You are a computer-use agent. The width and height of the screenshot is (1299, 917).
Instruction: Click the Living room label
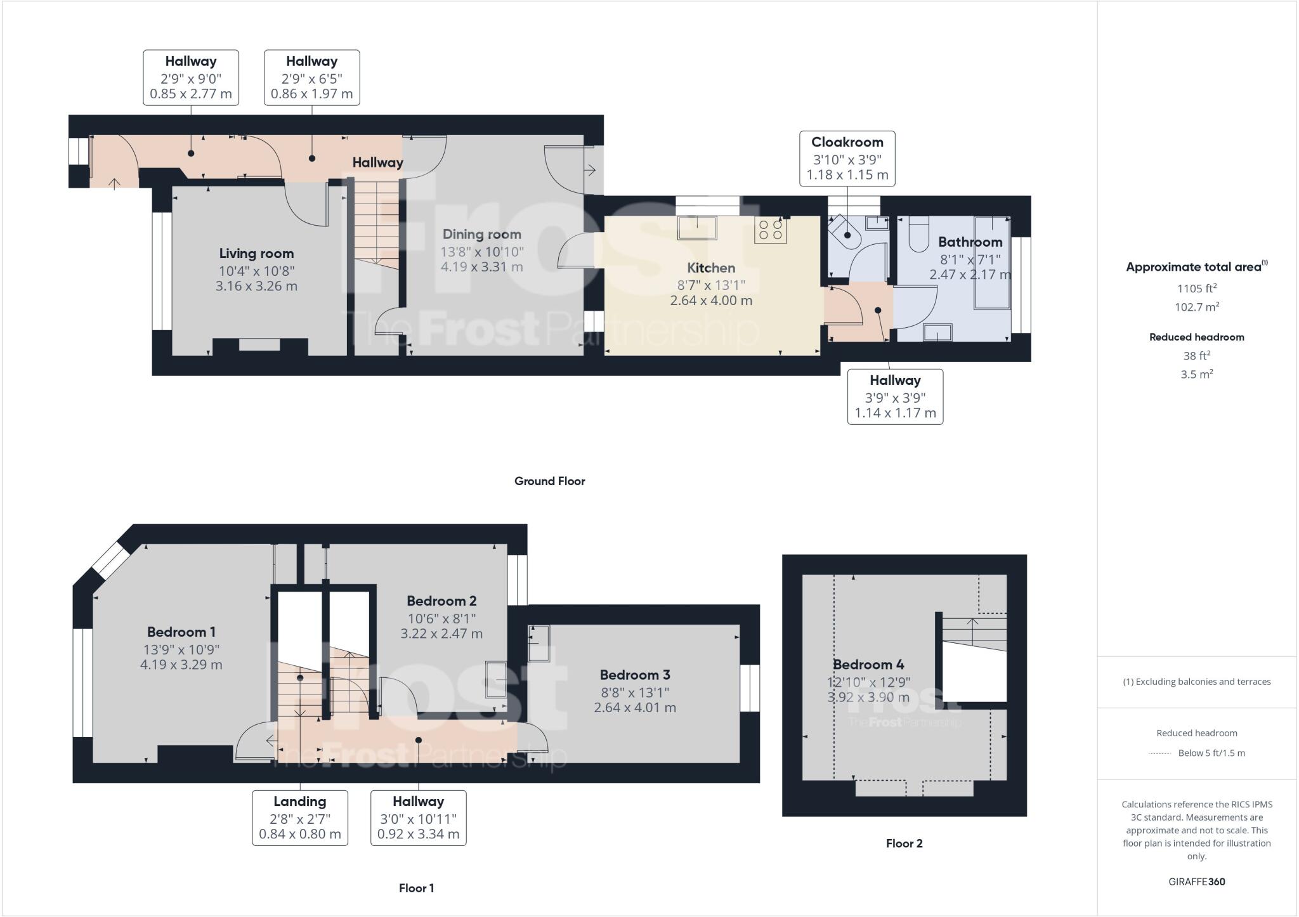(256, 254)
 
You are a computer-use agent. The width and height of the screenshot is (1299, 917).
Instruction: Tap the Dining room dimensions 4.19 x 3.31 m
(481, 267)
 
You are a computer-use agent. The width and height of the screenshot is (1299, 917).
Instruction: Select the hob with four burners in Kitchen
(770, 230)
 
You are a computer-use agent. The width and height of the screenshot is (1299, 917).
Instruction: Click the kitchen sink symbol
(697, 228)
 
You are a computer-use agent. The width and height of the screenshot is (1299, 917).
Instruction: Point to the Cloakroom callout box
(847, 159)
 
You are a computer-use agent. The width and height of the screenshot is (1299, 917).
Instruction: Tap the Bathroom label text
(970, 242)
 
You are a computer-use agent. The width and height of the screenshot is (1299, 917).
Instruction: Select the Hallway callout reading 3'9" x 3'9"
(895, 397)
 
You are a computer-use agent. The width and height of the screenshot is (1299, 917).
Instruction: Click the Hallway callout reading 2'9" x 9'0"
(191, 78)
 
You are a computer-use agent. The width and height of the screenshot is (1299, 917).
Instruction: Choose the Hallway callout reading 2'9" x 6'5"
(311, 78)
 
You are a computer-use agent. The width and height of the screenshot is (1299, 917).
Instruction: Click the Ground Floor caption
(549, 481)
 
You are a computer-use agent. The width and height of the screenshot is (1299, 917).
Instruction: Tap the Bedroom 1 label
(181, 632)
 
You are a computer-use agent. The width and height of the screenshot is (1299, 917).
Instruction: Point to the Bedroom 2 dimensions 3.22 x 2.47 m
(441, 634)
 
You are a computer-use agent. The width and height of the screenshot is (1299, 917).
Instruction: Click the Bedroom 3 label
(635, 675)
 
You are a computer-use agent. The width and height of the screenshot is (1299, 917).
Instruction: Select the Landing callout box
(300, 817)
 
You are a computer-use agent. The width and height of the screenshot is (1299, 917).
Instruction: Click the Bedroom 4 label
(868, 665)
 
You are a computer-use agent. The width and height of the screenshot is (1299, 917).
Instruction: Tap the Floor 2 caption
(904, 843)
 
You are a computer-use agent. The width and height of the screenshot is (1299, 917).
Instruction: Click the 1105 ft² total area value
(1196, 289)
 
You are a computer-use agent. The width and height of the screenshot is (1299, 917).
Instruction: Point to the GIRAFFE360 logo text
(1196, 881)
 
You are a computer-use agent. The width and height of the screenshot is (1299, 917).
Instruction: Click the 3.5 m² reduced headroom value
(1196, 374)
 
